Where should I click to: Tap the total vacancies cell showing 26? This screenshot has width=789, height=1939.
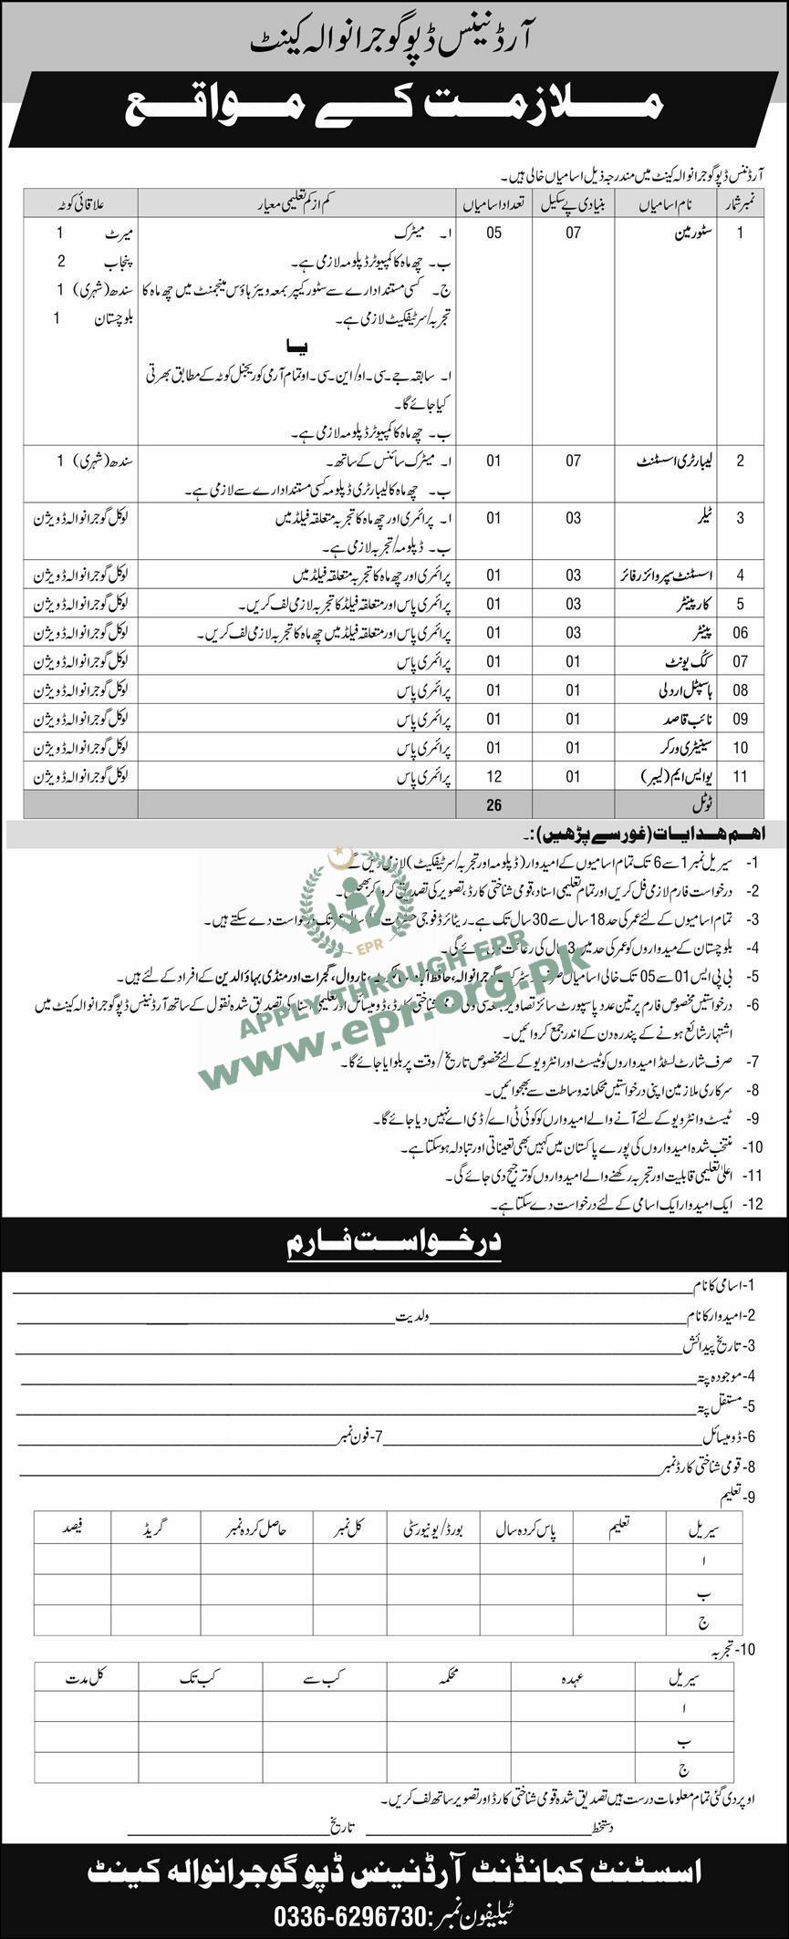(493, 804)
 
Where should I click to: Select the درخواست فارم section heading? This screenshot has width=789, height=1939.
(393, 1242)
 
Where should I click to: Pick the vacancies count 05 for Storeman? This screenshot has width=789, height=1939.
(493, 233)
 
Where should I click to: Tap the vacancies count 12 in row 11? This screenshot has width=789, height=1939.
(493, 776)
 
